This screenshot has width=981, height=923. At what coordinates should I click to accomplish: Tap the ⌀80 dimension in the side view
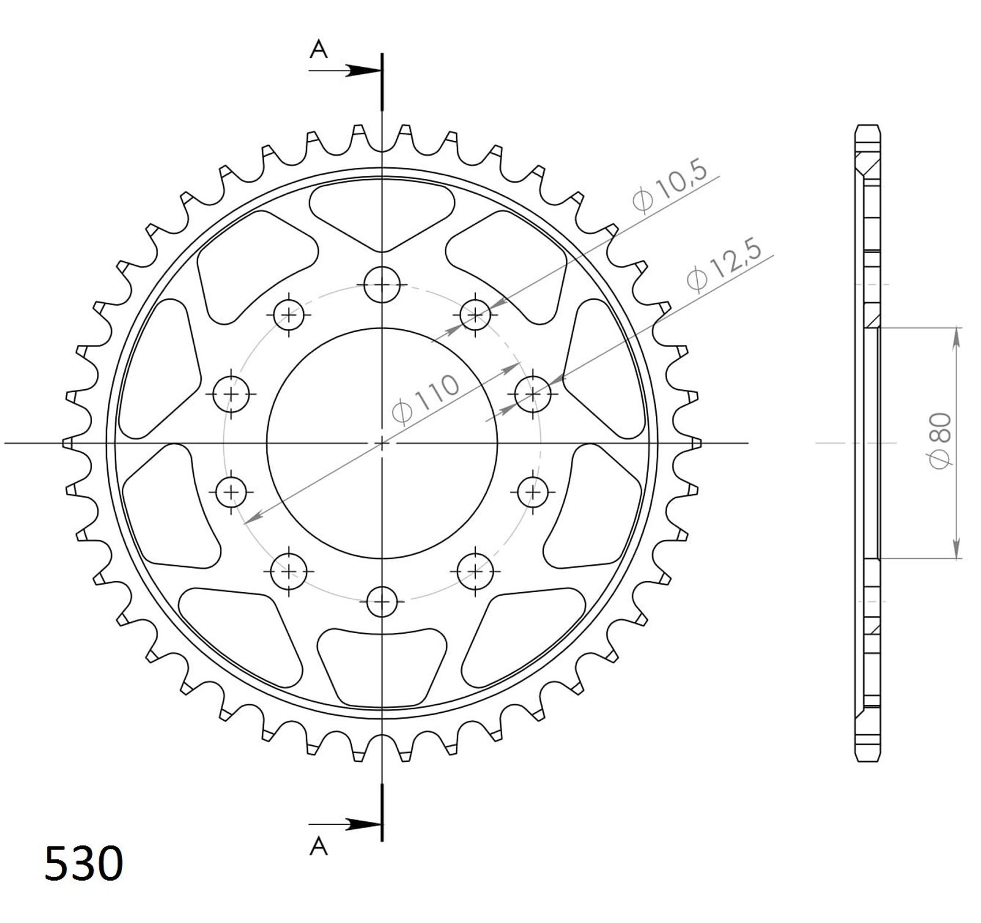(939, 441)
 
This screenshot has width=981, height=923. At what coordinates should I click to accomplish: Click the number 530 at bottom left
(84, 863)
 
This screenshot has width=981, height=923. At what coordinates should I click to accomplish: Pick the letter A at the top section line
(319, 49)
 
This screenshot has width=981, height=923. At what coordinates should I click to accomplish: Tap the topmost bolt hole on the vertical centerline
(381, 284)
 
